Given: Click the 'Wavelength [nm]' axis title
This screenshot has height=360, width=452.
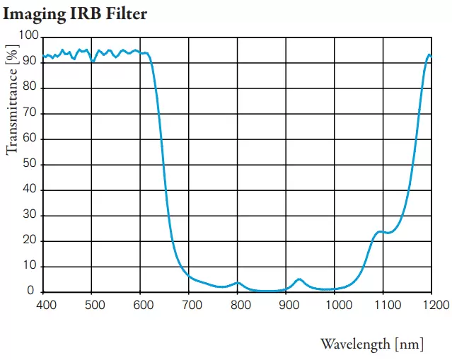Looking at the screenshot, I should click(x=372, y=344).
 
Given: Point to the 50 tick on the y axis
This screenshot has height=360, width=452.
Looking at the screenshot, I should click(x=30, y=164).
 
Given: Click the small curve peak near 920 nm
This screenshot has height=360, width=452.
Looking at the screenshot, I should click(x=299, y=279).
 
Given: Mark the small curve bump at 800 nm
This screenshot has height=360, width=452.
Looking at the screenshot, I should click(x=238, y=283).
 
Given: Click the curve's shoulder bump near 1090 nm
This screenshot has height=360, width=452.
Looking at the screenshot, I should click(x=381, y=231).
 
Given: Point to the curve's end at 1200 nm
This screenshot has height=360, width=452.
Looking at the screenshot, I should click(x=429, y=55).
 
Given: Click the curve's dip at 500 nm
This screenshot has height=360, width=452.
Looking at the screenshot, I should click(x=93, y=62).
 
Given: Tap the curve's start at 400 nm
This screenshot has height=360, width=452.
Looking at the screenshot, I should click(x=44, y=57).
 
